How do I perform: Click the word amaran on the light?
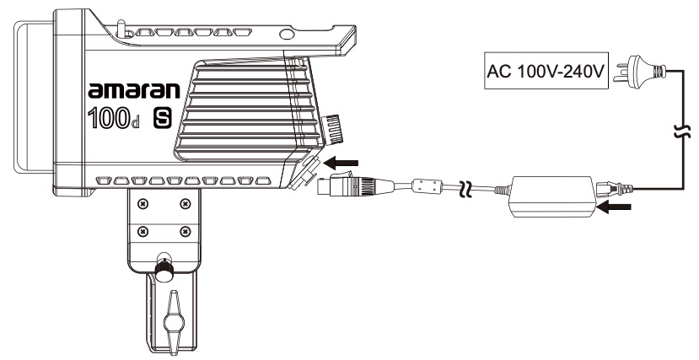[x=134, y=90]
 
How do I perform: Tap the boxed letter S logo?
[x=163, y=119]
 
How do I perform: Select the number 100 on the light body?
[x=109, y=119]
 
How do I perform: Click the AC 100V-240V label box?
[x=546, y=71]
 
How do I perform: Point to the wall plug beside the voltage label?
[x=640, y=72]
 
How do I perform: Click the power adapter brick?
[x=552, y=196]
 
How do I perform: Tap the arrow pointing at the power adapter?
[x=614, y=207]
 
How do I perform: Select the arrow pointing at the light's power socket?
[x=341, y=164]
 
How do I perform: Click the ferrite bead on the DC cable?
[x=427, y=185]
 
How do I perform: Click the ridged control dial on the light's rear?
[x=333, y=129]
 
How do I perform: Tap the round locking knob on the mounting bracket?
[x=164, y=270]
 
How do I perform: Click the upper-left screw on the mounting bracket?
[x=143, y=204]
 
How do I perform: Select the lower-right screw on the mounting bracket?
[x=185, y=231]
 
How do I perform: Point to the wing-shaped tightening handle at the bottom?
[x=174, y=321]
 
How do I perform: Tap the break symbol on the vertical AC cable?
[x=682, y=132]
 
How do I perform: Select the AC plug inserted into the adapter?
[x=614, y=189]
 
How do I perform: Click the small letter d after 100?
[x=136, y=123]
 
